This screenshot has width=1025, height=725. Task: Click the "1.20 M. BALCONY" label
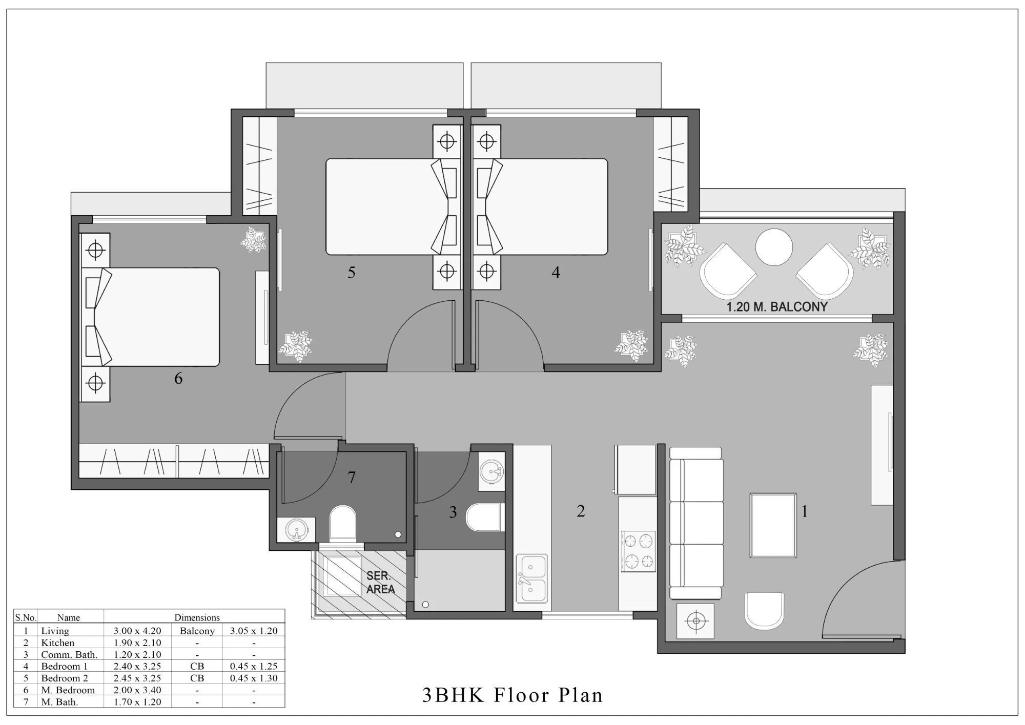click(777, 307)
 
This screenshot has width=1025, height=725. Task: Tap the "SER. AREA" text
click(380, 583)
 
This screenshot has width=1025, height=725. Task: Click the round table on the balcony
click(774, 247)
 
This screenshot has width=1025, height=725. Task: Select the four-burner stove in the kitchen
click(638, 551)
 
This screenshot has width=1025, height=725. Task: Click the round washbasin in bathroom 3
click(493, 471)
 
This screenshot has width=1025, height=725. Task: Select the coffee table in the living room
click(773, 525)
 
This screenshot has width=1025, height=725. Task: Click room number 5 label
click(351, 273)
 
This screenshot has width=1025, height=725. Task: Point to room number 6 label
click(178, 379)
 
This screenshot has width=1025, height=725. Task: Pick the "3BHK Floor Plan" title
click(512, 695)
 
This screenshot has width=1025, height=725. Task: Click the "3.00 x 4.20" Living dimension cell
click(137, 631)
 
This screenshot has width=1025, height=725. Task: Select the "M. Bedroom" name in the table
click(68, 690)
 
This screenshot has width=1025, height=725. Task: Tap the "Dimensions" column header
click(197, 617)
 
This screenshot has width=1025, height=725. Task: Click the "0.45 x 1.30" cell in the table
click(254, 678)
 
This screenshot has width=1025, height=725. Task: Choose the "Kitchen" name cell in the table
click(58, 643)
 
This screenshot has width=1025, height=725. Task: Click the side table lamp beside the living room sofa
click(695, 621)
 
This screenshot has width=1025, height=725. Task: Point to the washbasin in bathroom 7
click(295, 529)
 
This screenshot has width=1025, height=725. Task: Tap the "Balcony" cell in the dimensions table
click(197, 631)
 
